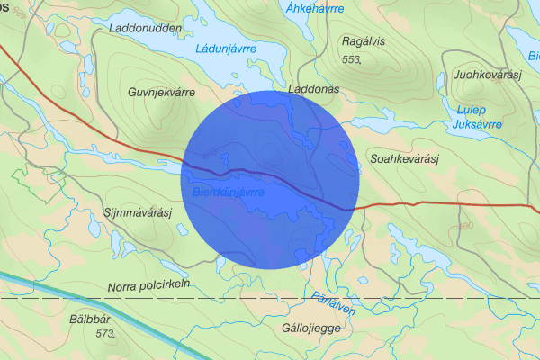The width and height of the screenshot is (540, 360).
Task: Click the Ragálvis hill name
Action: coord(364,40)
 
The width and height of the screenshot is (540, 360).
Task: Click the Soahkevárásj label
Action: coord(403,159)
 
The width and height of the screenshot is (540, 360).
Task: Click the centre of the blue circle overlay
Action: coord(271,179)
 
